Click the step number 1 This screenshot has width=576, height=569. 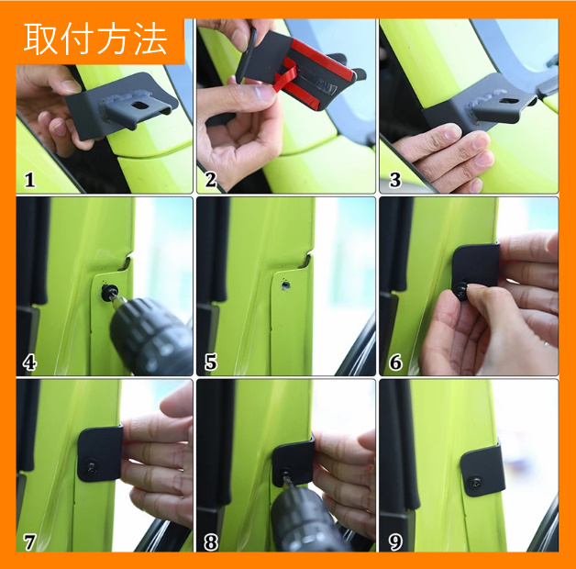29,180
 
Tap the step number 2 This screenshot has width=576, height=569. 210,180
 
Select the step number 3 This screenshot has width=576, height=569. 395,180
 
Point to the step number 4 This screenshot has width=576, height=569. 29,363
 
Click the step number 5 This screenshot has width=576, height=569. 210,363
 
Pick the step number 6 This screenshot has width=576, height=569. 395,363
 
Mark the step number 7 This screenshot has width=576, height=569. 29,542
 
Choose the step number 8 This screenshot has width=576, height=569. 211,542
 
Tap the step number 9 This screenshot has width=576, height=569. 395,542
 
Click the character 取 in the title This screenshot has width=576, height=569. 40,39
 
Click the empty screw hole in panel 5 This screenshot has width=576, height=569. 285,284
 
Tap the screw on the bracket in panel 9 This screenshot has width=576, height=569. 476,480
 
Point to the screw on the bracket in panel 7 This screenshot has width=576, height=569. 91,467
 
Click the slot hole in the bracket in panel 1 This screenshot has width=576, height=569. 140,106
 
